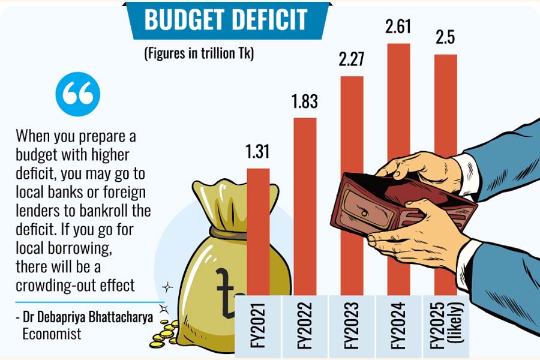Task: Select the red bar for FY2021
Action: click(x=258, y=234)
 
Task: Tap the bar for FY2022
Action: click(x=305, y=204)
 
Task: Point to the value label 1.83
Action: click(x=305, y=102)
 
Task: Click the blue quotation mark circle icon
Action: click(x=77, y=94)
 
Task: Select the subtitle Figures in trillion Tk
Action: click(x=199, y=53)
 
